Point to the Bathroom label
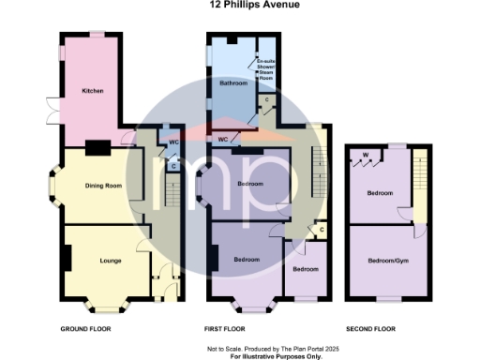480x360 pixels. point(232,83)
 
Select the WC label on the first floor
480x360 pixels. point(223,140)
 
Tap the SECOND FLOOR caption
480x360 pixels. point(369,329)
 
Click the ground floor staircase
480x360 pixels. point(172,192)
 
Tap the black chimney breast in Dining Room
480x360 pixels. point(97,147)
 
